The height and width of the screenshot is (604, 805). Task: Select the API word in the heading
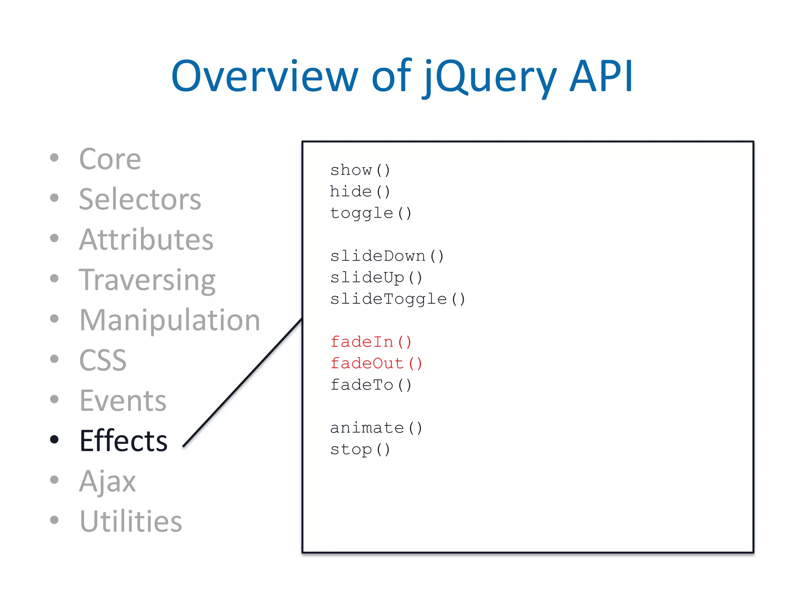(601, 77)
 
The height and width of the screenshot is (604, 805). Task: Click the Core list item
(110, 159)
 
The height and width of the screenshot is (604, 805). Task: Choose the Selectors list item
(140, 199)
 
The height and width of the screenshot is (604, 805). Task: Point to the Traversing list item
(147, 280)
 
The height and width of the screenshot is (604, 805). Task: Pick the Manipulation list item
(169, 320)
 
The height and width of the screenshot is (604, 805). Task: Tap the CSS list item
(103, 360)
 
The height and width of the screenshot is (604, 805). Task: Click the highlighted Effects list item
(123, 440)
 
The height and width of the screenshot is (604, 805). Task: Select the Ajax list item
(107, 481)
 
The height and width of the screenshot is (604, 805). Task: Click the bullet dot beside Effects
(54, 439)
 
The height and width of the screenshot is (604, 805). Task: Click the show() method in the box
(360, 170)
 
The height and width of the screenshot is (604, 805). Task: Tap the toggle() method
(371, 213)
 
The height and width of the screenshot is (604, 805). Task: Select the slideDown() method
(387, 256)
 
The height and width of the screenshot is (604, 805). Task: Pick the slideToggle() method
(397, 299)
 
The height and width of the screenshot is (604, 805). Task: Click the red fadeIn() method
(371, 342)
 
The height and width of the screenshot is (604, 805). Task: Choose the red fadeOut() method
(376, 363)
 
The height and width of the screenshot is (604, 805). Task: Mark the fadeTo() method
(371, 385)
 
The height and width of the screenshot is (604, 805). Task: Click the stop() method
(360, 449)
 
